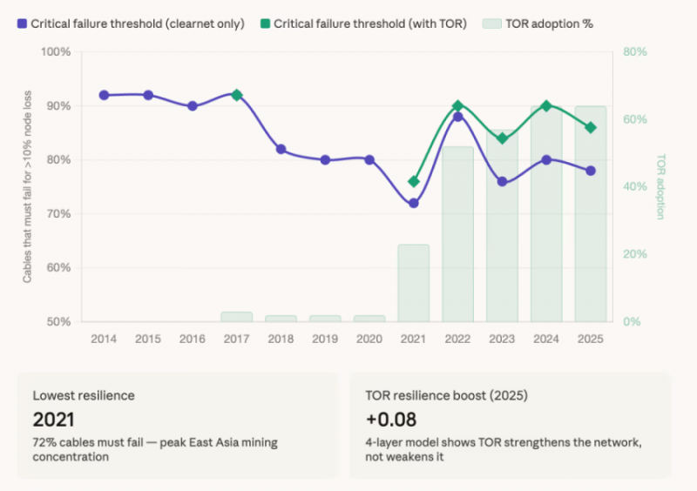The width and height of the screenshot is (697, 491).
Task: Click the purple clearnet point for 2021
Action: coord(414,203)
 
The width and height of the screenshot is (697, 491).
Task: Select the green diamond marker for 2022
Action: coord(458,105)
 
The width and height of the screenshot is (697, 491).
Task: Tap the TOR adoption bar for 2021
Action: coord(414,283)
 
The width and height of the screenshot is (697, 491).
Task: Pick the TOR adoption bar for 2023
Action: coord(503,225)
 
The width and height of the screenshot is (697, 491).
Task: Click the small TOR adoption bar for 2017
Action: coord(236,317)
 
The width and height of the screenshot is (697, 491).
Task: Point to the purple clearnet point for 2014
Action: coord(104,95)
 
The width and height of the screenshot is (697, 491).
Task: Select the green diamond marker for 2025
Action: coord(591,127)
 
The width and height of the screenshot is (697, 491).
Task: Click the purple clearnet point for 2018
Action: coord(281,149)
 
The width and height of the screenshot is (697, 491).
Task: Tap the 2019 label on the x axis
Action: coord(325,339)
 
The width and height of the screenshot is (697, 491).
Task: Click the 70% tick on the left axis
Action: coord(58,214)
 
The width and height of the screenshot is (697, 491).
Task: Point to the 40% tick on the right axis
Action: coord(635,186)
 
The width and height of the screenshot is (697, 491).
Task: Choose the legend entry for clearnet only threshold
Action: coord(131,24)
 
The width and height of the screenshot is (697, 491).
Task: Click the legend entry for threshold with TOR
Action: coord(363,24)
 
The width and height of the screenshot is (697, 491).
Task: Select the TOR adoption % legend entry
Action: coord(538,24)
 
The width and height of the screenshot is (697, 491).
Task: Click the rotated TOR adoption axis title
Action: coord(660,186)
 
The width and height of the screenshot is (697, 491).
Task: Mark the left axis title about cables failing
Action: coord(28,186)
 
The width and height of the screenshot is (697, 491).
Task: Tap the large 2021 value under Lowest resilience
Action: coord(53,420)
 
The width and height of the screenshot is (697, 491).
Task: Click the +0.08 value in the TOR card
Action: coord(390,420)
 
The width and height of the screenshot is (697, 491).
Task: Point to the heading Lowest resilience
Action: coord(84,395)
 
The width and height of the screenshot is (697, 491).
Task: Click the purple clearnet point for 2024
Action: coord(547,160)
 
